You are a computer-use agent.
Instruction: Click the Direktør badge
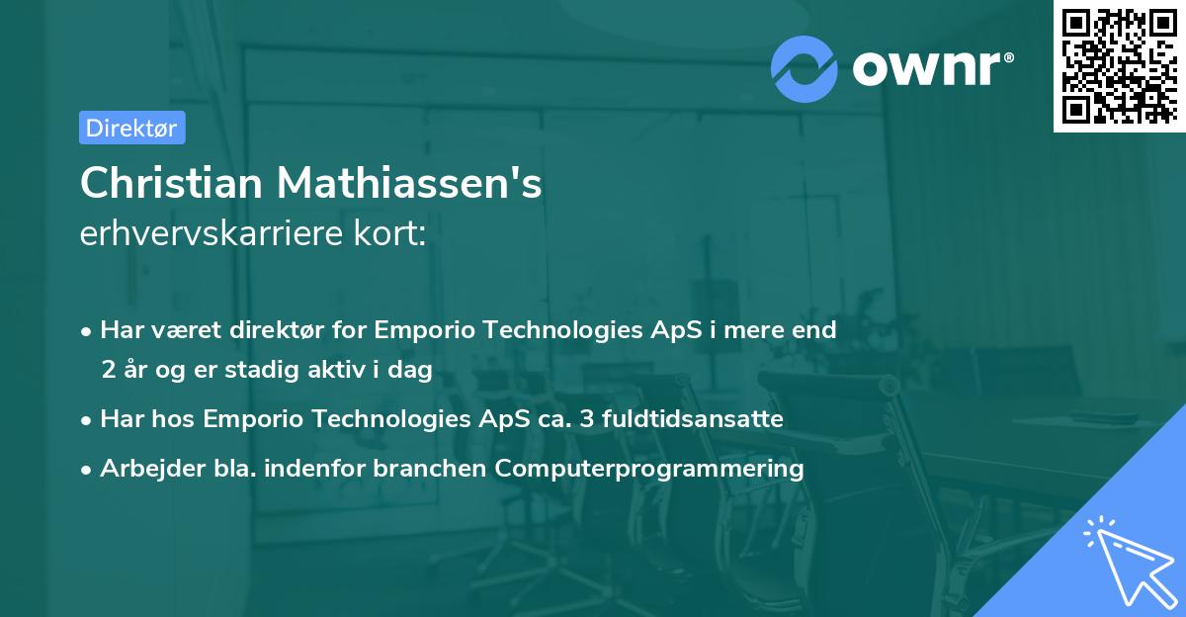131,128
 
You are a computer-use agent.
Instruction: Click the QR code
1119,66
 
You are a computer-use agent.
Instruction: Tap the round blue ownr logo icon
805,68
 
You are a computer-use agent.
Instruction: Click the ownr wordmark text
930,69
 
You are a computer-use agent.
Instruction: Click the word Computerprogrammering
649,468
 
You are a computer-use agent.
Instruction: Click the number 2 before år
108,369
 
